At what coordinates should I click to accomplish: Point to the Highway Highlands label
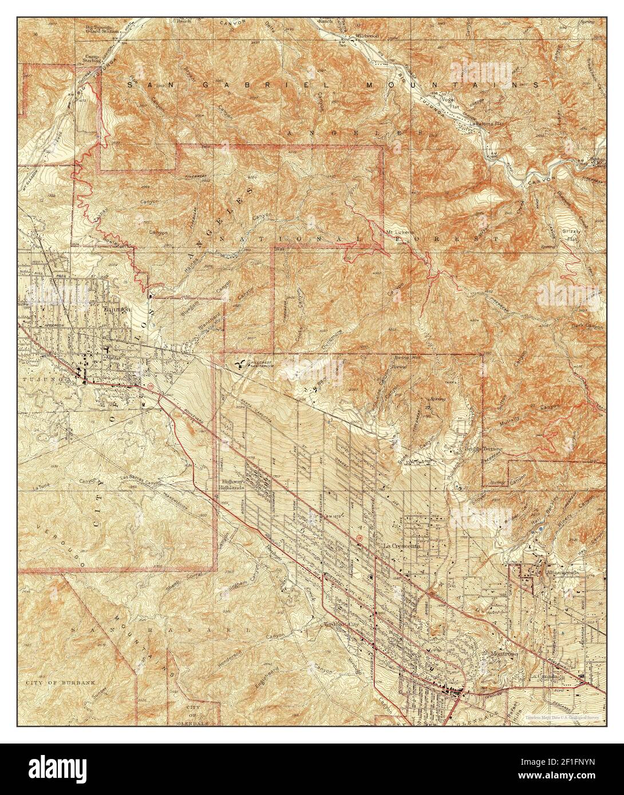click(234, 484)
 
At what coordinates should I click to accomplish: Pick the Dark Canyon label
click(587, 327)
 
